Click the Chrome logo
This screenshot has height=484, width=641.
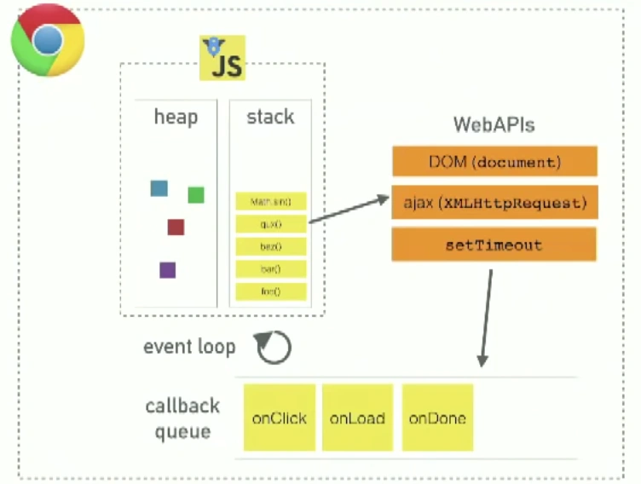(47, 40)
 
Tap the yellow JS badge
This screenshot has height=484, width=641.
(222, 59)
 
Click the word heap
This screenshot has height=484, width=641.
(176, 117)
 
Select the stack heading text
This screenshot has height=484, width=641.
(270, 117)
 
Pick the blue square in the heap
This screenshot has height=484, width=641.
(159, 188)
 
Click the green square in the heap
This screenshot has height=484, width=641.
(196, 195)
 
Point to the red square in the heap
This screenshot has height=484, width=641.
(176, 227)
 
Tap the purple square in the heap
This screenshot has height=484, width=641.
(167, 270)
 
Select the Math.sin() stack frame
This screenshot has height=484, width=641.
(271, 203)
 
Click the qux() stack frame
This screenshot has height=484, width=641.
(271, 225)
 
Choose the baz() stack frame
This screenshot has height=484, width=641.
(271, 247)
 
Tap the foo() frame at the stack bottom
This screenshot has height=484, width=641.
(271, 291)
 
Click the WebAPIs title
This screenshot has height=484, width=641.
(494, 125)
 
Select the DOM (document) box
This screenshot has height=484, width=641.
(494, 161)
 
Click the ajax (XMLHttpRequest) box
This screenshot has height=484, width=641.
(494, 203)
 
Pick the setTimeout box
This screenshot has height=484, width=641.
(494, 245)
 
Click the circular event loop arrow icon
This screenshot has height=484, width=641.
(274, 347)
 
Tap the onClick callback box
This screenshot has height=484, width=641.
(280, 418)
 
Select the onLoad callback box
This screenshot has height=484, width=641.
(358, 418)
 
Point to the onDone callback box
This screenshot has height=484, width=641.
(437, 418)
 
